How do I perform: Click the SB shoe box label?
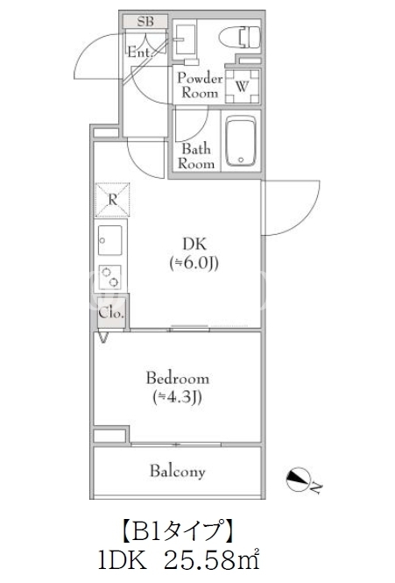[145, 21]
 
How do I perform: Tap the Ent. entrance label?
[140, 52]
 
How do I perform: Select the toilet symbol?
[240, 38]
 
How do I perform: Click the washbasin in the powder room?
[185, 39]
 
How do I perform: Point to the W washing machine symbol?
[243, 86]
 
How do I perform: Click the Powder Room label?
[200, 85]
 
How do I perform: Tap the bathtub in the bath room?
[241, 140]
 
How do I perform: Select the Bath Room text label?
[196, 156]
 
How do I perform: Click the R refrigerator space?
[112, 200]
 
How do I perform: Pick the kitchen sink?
[110, 240]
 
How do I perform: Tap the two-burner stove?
[110, 277]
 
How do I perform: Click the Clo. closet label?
[111, 313]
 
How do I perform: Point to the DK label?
[194, 244]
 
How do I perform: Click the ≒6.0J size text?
[194, 263]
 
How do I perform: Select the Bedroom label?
[178, 378]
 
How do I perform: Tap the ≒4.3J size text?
[178, 397]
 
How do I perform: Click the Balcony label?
[177, 472]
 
